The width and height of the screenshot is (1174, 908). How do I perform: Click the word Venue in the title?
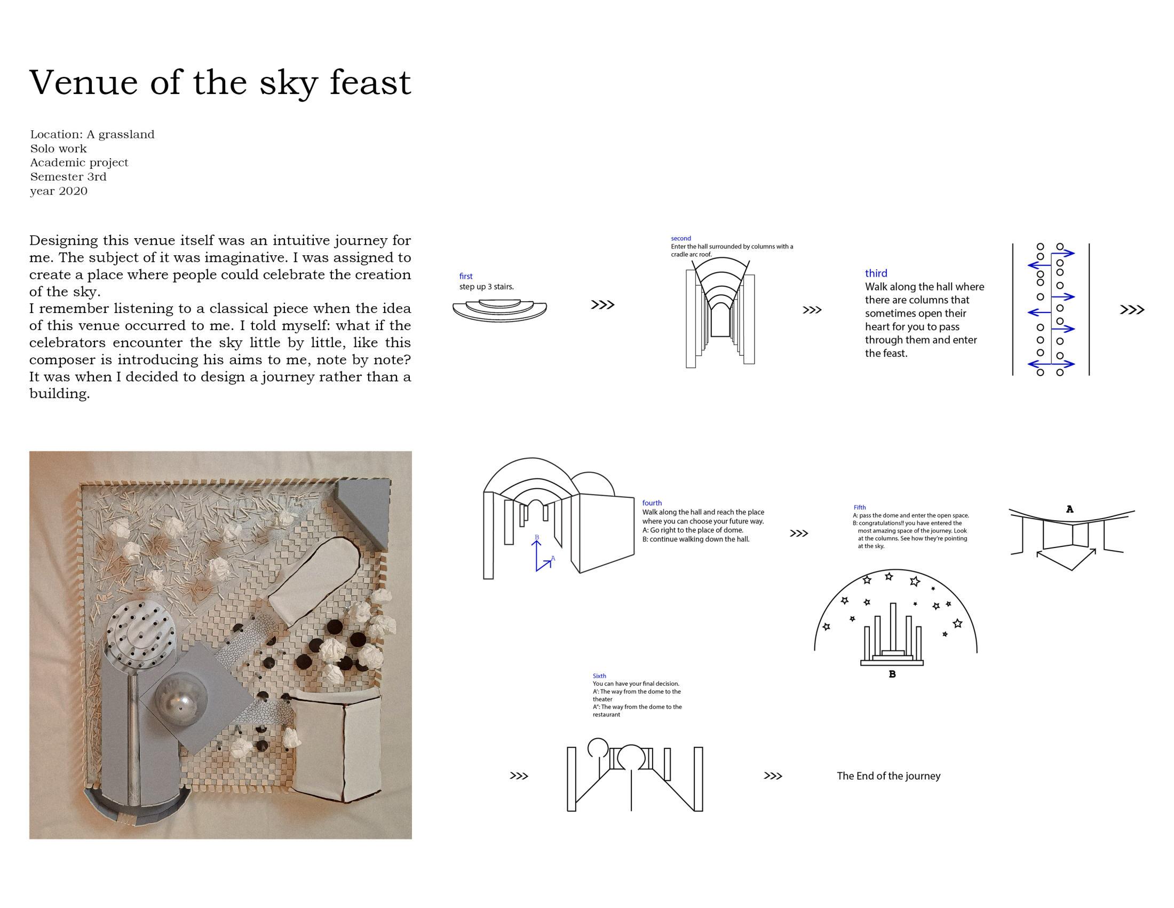[83, 83]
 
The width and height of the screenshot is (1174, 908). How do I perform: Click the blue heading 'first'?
[465, 277]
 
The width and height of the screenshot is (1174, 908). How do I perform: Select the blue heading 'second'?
[680, 238]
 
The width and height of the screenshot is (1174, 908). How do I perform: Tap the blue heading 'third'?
[876, 273]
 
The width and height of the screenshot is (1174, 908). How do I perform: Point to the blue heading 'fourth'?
[652, 503]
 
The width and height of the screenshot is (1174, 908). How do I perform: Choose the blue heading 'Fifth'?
[860, 507]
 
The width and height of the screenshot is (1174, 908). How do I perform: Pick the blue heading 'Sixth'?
[599, 676]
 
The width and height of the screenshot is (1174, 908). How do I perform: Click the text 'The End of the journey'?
[888, 776]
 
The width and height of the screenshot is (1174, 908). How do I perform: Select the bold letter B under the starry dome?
[892, 674]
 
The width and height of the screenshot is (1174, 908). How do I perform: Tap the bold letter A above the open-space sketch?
[1069, 509]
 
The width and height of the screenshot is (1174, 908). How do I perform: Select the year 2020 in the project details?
[73, 191]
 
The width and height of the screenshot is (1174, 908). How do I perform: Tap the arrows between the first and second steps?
[602, 305]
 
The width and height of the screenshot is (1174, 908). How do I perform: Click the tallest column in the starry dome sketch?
[893, 627]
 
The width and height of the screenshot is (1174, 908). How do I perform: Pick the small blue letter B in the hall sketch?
[536, 537]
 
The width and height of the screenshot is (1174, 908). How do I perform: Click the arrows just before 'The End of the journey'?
[773, 776]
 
